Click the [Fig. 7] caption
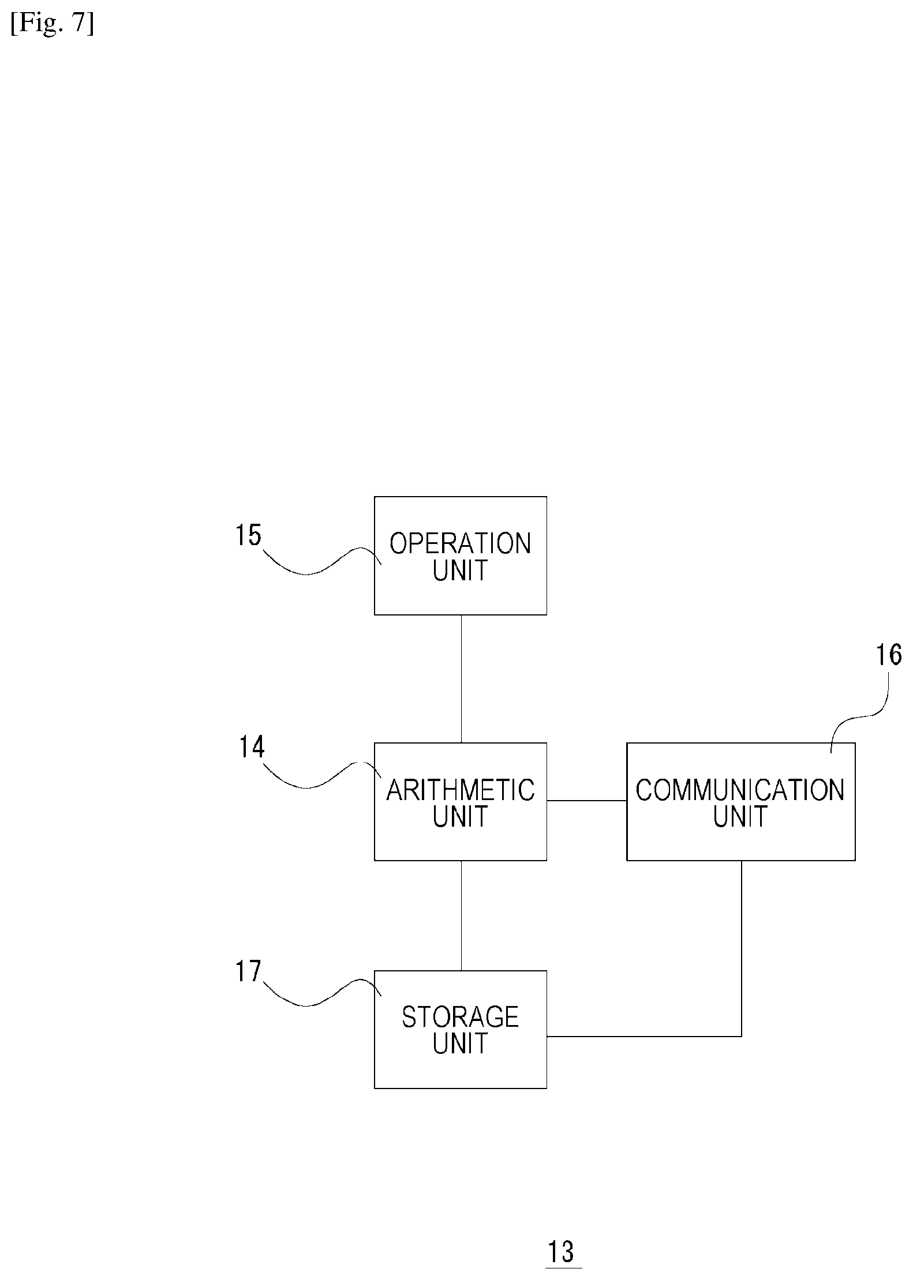52,25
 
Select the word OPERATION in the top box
461,543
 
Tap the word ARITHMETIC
461,790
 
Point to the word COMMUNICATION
740,790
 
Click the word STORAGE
461,1017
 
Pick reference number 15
248,535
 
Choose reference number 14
252,747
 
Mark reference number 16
889,655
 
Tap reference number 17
248,971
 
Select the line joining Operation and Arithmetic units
461,679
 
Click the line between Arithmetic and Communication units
587,801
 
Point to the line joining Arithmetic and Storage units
461,915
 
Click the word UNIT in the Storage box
461,1043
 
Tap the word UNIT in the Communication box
740,816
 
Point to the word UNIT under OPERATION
461,570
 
